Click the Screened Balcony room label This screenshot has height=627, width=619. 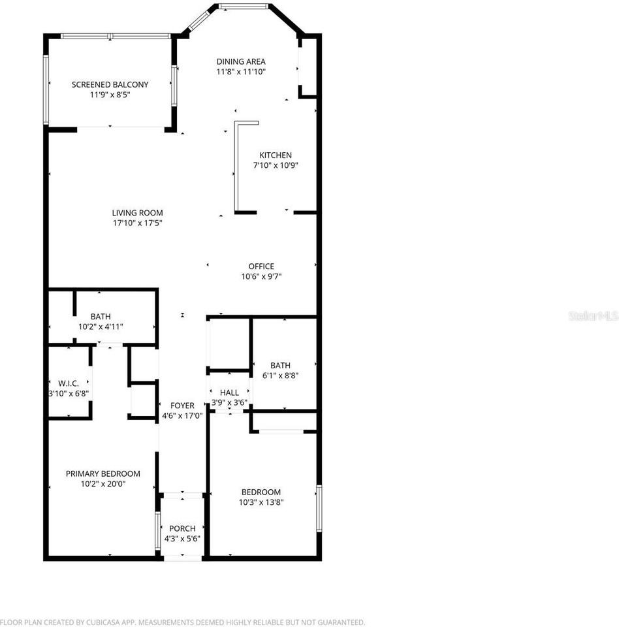click(x=110, y=84)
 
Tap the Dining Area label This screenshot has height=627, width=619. click(x=241, y=62)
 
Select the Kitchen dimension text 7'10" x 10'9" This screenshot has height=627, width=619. click(x=276, y=165)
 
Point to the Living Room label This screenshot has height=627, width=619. click(x=137, y=213)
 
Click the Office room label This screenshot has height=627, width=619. click(x=261, y=266)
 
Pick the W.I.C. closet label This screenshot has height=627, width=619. click(x=69, y=383)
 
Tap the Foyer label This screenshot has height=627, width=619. click(x=182, y=406)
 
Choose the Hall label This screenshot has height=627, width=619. click(x=229, y=393)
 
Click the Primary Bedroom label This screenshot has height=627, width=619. click(x=103, y=474)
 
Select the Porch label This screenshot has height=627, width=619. click(x=182, y=528)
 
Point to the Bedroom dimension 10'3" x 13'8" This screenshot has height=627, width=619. click(x=261, y=502)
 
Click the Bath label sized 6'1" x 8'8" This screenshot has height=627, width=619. click(x=280, y=366)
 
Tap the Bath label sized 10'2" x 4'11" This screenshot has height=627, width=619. click(x=101, y=317)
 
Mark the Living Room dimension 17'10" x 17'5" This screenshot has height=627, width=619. click(x=136, y=223)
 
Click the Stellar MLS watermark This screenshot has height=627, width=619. click(x=593, y=316)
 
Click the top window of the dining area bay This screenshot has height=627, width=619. click(x=243, y=7)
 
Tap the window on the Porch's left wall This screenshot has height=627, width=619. click(x=157, y=530)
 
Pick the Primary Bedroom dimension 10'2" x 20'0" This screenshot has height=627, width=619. click(x=103, y=484)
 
